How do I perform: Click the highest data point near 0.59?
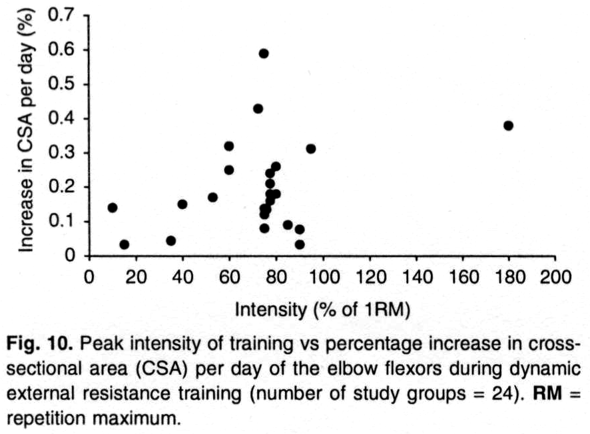[x=264, y=53]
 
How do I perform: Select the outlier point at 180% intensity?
[x=509, y=125]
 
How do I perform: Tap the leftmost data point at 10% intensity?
[x=113, y=208]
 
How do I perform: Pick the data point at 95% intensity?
[x=311, y=148]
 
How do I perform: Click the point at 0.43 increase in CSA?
[x=258, y=108]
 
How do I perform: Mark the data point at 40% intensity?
[x=182, y=204]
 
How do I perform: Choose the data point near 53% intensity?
[x=212, y=197]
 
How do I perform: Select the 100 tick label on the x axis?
[x=322, y=278]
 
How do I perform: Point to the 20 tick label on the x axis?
[x=136, y=278]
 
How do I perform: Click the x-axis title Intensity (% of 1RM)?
[x=322, y=310]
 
